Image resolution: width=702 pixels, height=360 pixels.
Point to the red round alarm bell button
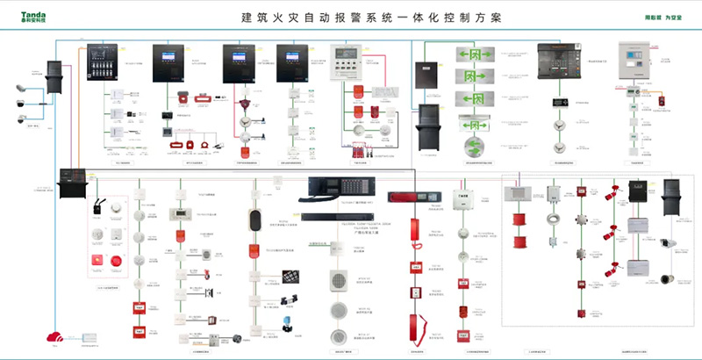(117, 261)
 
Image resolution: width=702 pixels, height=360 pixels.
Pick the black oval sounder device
(255, 220)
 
